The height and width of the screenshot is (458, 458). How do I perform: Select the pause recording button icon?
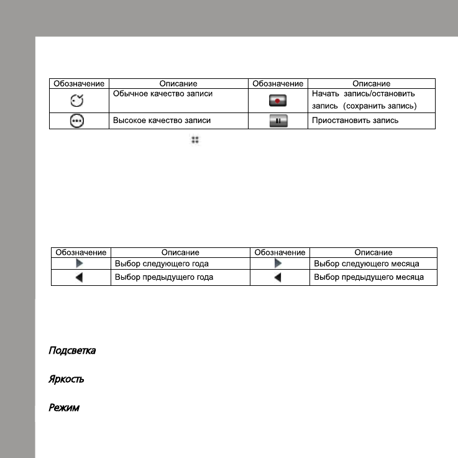pyautogui.click(x=278, y=122)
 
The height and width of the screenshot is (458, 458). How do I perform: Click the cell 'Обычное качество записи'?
pyautogui.click(x=162, y=94)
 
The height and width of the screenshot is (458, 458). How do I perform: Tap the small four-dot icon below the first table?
pyautogui.click(x=195, y=140)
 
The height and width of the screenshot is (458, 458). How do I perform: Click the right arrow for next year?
pyautogui.click(x=80, y=264)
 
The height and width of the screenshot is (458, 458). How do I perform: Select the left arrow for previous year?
pyautogui.click(x=80, y=278)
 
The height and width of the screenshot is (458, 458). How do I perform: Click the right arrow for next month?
pyautogui.click(x=278, y=264)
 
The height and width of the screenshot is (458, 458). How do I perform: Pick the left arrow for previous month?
pyautogui.click(x=278, y=278)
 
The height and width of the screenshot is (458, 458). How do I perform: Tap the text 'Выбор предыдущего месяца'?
pyautogui.click(x=369, y=277)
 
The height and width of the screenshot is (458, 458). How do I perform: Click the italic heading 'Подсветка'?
pyautogui.click(x=72, y=351)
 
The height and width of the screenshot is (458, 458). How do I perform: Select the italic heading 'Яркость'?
pyautogui.click(x=66, y=379)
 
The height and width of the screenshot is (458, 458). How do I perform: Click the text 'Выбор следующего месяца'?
pyautogui.click(x=367, y=264)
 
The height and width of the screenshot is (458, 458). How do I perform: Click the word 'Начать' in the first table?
pyautogui.click(x=324, y=94)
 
